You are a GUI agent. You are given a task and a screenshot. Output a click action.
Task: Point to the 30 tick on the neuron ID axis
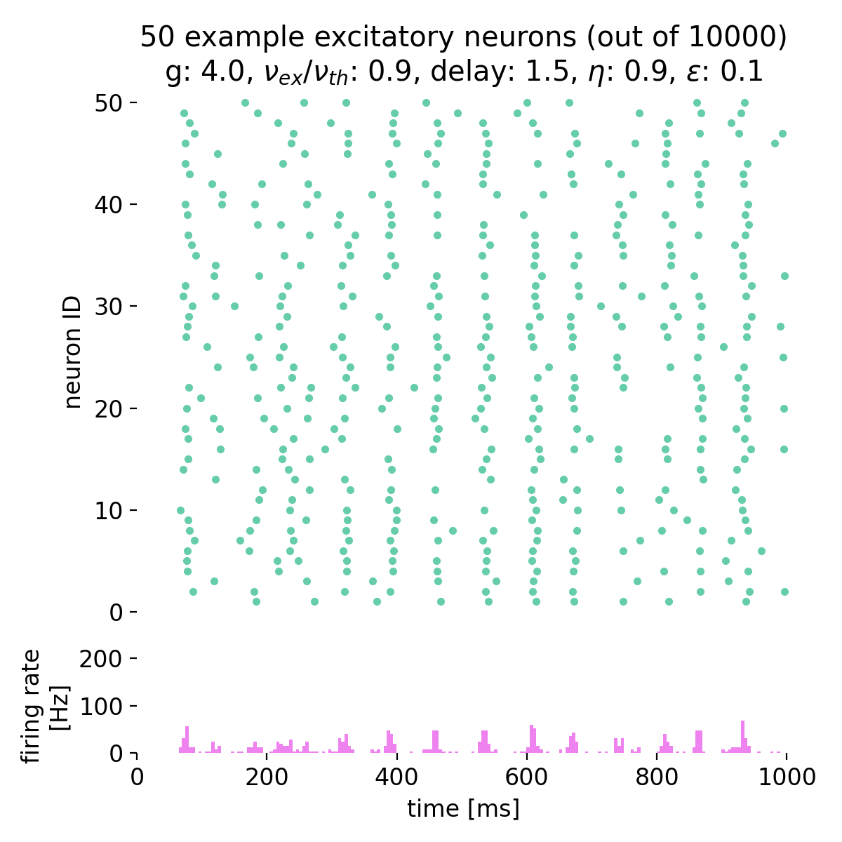point(134,307)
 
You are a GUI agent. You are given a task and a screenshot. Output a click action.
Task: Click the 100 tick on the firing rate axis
point(134,706)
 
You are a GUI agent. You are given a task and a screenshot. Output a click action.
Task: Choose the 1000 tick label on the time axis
point(786,777)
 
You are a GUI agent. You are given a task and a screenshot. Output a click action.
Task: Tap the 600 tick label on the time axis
point(527,777)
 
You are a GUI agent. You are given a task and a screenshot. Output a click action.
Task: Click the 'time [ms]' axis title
point(463,808)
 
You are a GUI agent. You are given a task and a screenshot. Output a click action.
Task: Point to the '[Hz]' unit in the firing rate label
point(62,707)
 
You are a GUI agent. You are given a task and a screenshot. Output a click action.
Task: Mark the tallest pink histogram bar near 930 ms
point(742,736)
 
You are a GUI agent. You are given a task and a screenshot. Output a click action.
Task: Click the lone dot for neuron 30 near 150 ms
point(234,306)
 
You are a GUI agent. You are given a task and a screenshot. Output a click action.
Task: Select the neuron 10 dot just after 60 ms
point(180,510)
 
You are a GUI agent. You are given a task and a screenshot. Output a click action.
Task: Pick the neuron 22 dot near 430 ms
point(414,387)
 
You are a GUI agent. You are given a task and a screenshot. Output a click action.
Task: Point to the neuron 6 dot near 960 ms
point(761,551)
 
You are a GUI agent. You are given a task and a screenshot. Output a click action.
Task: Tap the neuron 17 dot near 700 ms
point(589,439)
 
